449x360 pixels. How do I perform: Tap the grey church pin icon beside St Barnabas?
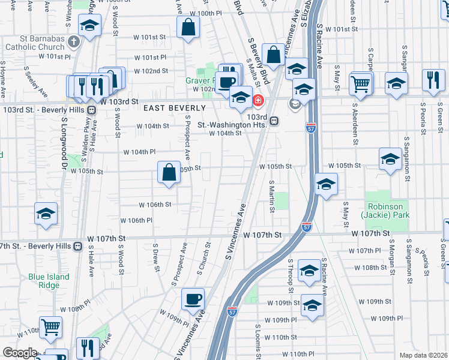[x=74, y=42]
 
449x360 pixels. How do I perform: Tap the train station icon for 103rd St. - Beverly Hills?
[x=92, y=110]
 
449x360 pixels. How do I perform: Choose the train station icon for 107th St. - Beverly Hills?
[x=77, y=246]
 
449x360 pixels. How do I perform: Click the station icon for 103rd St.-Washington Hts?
[x=274, y=121]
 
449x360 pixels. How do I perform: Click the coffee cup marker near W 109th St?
[x=193, y=299]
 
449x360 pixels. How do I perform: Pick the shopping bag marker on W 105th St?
[x=169, y=172]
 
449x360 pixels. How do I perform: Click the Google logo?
[x=19, y=353]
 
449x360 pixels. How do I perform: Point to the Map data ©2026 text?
[x=423, y=355]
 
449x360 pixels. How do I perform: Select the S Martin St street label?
[x=272, y=195]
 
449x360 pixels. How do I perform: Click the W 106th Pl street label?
[x=137, y=221]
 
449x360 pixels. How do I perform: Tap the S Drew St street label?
[x=156, y=257]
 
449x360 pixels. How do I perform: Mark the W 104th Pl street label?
[x=139, y=152]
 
